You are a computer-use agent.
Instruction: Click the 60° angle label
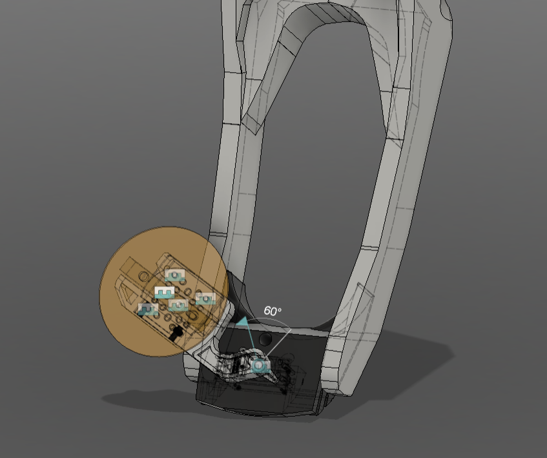click(273, 311)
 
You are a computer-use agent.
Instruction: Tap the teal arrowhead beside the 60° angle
click(242, 320)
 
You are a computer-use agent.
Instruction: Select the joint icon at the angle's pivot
click(260, 366)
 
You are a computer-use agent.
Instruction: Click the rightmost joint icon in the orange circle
click(206, 299)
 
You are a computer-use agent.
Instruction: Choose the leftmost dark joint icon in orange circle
click(148, 310)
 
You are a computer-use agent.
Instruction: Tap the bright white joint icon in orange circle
click(165, 292)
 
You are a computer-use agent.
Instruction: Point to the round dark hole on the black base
click(265, 339)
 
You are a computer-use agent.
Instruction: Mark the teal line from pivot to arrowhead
click(251, 343)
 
